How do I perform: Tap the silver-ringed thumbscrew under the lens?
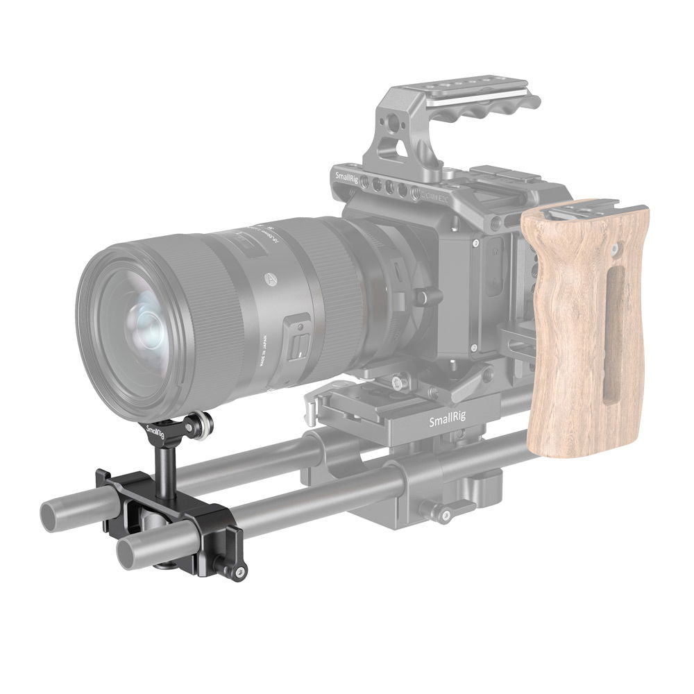[x=203, y=426]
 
